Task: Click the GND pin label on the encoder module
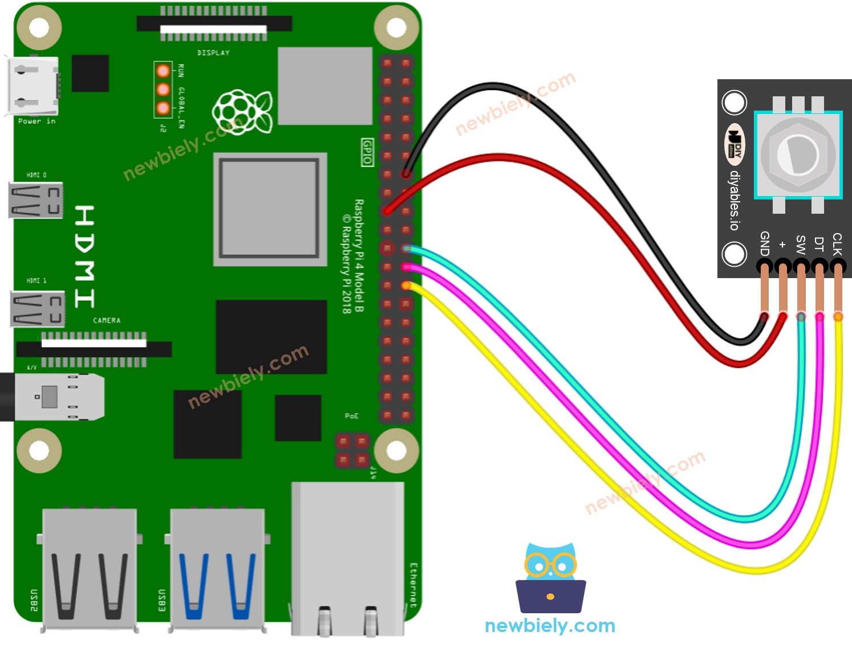click(765, 243)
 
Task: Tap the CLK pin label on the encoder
click(837, 243)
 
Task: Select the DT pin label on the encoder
click(819, 244)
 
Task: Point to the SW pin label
click(801, 244)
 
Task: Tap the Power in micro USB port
click(32, 85)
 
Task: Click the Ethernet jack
click(348, 559)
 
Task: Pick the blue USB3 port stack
click(217, 570)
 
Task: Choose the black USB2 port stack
click(90, 570)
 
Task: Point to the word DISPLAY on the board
click(213, 52)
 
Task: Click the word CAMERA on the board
click(107, 320)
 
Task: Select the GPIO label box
click(368, 152)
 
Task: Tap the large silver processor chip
click(270, 209)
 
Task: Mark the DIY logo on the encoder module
click(735, 144)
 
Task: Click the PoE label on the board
click(351, 416)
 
